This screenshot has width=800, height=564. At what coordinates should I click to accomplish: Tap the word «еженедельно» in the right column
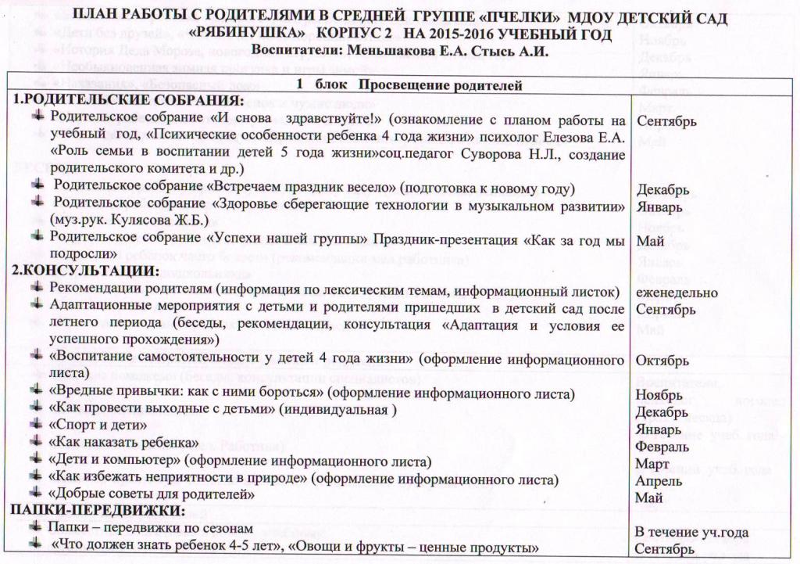677,292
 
